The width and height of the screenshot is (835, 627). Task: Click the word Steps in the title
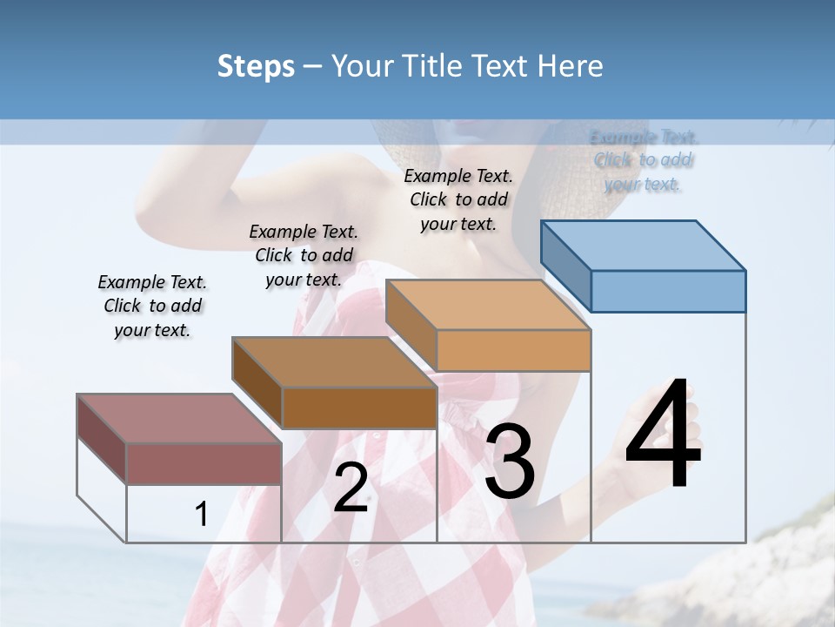(x=256, y=66)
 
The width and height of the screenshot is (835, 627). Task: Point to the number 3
(x=510, y=461)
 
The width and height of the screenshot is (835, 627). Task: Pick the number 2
(x=351, y=487)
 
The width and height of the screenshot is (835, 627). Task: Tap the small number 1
(x=202, y=514)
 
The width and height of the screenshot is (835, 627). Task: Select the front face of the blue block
(x=668, y=291)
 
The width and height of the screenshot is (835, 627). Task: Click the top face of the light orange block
(x=489, y=305)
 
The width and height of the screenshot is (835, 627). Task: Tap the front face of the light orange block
(x=513, y=350)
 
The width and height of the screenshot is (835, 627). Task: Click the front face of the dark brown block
(x=359, y=408)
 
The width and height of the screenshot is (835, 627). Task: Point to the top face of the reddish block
(x=179, y=419)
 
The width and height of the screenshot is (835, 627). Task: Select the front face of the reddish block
(x=204, y=463)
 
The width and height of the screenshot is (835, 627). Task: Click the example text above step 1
(x=152, y=306)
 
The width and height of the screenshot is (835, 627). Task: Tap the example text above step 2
(x=304, y=255)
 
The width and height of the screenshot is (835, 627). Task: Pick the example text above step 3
(x=458, y=199)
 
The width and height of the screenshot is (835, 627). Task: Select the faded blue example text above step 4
(x=644, y=160)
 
